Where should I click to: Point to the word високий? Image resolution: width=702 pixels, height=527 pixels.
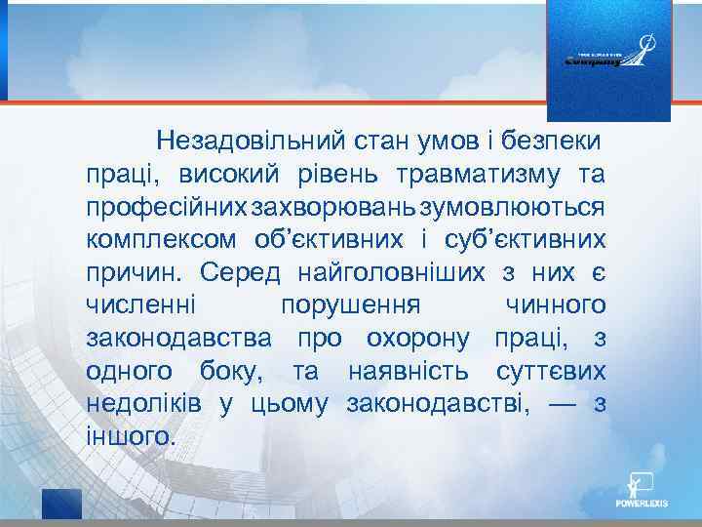[x=221, y=175]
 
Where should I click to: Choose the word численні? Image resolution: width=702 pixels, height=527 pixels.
[x=141, y=305]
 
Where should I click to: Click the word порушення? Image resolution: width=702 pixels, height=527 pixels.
[x=350, y=305]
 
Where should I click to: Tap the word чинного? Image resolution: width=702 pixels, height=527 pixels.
[x=556, y=305]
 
